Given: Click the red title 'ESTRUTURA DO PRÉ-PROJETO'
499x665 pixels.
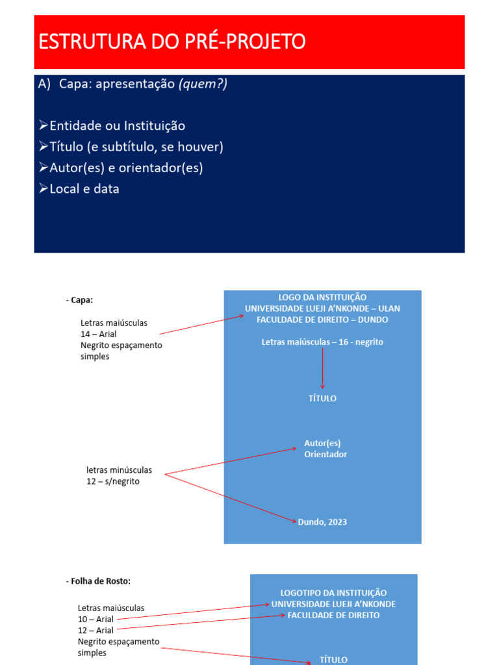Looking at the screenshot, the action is point(172,42).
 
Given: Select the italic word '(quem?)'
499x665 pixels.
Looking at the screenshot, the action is point(203,84).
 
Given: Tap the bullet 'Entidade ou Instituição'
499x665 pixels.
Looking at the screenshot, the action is point(117,126).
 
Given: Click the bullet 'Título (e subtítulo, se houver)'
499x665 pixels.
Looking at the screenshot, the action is point(136,147).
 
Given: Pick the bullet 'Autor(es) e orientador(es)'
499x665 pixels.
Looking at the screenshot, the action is point(126,168).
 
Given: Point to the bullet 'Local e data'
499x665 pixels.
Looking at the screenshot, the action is point(84,189).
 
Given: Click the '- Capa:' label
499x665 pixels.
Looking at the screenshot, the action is point(79,300).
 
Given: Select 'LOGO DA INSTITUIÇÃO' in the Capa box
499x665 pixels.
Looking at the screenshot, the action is point(322,297).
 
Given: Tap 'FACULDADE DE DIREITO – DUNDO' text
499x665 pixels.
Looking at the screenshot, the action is point(322,320).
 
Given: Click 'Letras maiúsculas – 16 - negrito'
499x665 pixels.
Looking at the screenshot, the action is point(322,342).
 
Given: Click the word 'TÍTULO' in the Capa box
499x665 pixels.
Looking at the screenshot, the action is point(322,398).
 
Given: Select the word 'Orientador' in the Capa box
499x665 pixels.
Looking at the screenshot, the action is point(326,455).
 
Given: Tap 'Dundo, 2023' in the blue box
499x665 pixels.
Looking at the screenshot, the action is point(322,522).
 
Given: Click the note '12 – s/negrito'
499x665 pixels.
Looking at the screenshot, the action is point(113,481).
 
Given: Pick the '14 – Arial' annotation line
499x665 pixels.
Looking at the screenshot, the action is point(99,334).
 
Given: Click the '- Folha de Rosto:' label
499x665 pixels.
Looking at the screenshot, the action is point(103,581).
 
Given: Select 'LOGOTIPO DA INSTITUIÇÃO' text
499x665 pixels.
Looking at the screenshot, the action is point(333,593).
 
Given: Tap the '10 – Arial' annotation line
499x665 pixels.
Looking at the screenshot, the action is point(96,619).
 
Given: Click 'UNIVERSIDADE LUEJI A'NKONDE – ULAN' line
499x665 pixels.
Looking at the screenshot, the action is point(322,308).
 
